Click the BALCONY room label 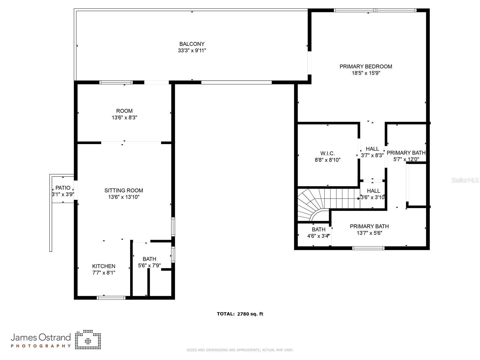(x=192, y=44)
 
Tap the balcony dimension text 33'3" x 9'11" (x=192, y=50)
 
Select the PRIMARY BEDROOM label (x=366, y=66)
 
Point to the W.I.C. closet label (x=327, y=153)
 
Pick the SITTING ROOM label (x=124, y=190)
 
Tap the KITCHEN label (x=103, y=266)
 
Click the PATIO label (x=63, y=188)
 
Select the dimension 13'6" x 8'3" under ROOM (x=124, y=118)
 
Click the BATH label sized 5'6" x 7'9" (x=149, y=259)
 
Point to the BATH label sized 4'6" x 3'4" (x=318, y=229)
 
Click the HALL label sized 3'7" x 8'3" (x=372, y=149)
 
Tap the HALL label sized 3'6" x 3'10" (x=373, y=191)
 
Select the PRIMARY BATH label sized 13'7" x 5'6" (x=369, y=226)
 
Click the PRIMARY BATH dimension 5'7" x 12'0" (x=406, y=159)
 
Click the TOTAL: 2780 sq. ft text (x=240, y=314)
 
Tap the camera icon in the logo (x=88, y=340)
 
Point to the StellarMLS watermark (x=465, y=180)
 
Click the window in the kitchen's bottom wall (x=111, y=298)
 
